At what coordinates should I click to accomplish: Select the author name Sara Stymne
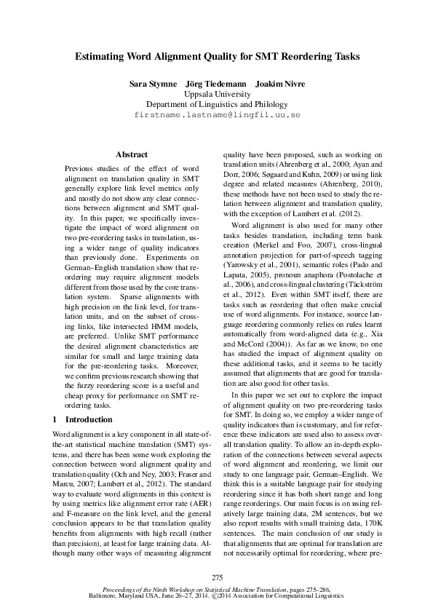coord(152,84)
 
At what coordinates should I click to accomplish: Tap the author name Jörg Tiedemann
coord(215,84)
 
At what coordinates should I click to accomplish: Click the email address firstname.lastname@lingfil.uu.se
coord(217,115)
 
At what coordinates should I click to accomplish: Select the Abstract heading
coord(132,154)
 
